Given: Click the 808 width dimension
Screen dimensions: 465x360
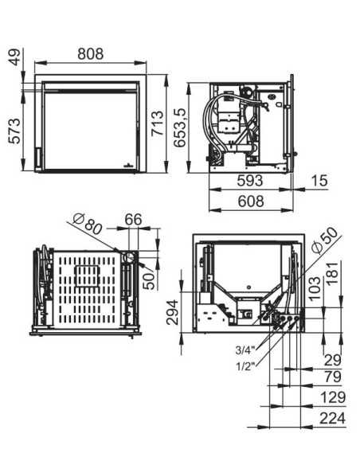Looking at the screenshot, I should (x=90, y=53).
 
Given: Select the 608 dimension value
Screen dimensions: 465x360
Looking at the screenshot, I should (x=250, y=203).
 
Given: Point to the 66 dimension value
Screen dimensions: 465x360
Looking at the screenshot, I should (x=132, y=220).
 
